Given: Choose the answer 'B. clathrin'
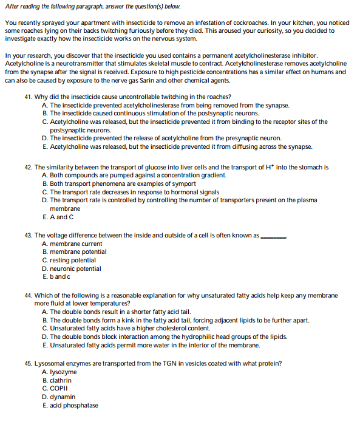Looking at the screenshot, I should click(57, 381).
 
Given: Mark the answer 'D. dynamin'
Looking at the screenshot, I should click(59, 397).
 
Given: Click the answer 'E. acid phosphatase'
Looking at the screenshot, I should click(70, 406).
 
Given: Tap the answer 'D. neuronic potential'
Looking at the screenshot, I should click(72, 268).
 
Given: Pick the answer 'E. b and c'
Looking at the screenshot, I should click(56, 277).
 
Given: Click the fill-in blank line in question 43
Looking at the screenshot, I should click(273, 237).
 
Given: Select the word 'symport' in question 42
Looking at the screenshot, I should click(183, 183).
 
